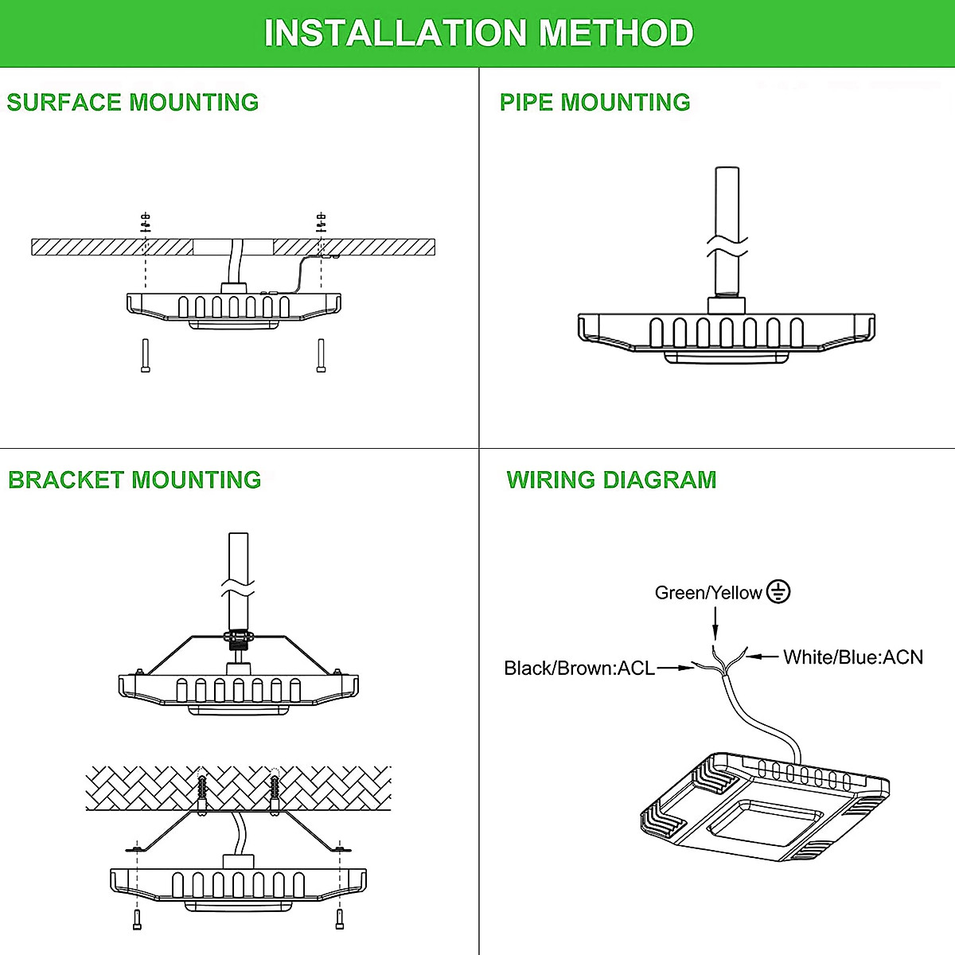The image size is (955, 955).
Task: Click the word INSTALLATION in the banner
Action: [x=396, y=33]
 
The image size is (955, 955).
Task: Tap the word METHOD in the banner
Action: [x=616, y=33]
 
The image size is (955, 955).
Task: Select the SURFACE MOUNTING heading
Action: [x=133, y=102]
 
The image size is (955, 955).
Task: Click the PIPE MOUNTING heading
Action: [x=594, y=102]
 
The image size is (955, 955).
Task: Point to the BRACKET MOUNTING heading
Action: [x=134, y=480]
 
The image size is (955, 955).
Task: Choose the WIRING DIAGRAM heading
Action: [x=611, y=480]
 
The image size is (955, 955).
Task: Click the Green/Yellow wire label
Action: [x=707, y=593]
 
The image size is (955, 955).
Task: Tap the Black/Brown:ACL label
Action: [x=579, y=668]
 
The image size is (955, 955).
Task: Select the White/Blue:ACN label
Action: [x=853, y=657]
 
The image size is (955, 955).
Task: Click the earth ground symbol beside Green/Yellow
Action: [x=778, y=591]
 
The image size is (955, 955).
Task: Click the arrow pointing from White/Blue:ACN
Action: [x=762, y=657]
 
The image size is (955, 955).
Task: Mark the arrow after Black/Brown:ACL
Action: [x=676, y=668]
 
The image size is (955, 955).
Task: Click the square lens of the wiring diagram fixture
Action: [x=765, y=823]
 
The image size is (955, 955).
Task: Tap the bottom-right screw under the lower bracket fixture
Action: [x=341, y=918]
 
